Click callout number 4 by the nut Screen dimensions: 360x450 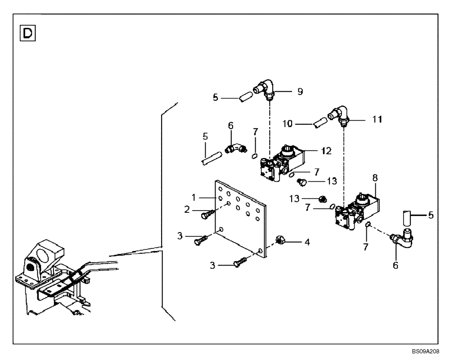click(307, 242)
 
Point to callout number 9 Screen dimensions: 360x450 click(300, 91)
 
